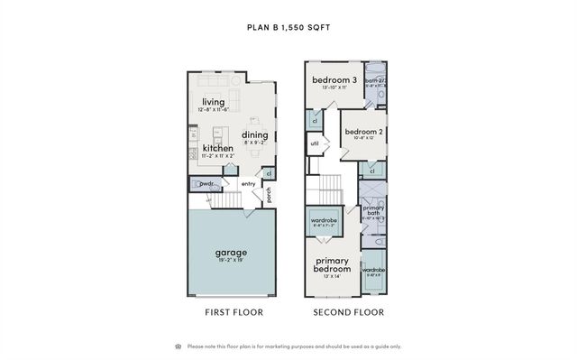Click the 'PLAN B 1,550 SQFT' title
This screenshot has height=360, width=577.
[x=288, y=27]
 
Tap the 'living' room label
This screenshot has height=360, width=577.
[x=213, y=102]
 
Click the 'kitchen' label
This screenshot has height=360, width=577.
[x=217, y=148]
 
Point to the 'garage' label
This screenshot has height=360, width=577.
[x=230, y=252]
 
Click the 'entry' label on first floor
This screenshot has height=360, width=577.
[x=248, y=184]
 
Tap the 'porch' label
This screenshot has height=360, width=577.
[x=268, y=193]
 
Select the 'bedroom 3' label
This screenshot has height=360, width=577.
[x=334, y=81]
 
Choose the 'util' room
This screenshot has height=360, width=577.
[x=315, y=143]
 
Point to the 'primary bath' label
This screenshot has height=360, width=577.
[x=372, y=212]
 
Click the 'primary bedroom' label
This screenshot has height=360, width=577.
[x=333, y=265]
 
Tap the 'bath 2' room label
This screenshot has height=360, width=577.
[x=375, y=80]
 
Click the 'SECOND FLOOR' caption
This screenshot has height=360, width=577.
[x=348, y=312]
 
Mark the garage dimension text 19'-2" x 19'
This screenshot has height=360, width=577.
[x=230, y=260]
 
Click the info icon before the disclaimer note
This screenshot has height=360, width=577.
[x=177, y=346]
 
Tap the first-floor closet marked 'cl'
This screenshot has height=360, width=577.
[x=269, y=173]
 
